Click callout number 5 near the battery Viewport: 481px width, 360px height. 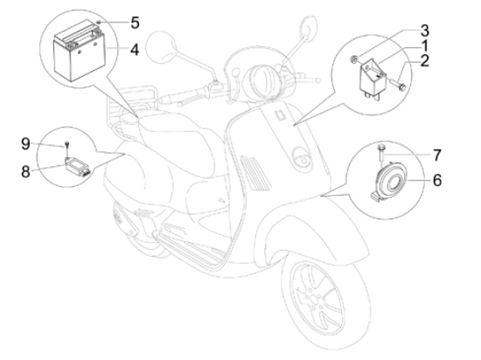click(x=135, y=23)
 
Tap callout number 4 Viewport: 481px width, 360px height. click(x=135, y=50)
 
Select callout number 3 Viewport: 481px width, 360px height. click(x=424, y=31)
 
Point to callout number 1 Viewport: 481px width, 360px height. click(x=424, y=45)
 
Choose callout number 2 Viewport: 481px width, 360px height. click(x=424, y=60)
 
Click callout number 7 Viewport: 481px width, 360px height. click(x=436, y=155)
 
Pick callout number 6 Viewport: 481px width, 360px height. click(x=437, y=180)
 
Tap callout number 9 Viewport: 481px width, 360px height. click(x=25, y=143)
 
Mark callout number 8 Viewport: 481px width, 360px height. click(x=25, y=171)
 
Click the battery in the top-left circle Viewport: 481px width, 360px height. click(x=80, y=51)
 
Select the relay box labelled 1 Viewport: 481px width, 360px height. click(x=371, y=78)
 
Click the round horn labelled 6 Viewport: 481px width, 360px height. click(x=389, y=181)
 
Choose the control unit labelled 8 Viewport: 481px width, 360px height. click(x=78, y=167)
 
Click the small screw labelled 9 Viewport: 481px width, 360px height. click(x=66, y=147)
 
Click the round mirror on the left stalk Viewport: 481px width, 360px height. click(x=161, y=47)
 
